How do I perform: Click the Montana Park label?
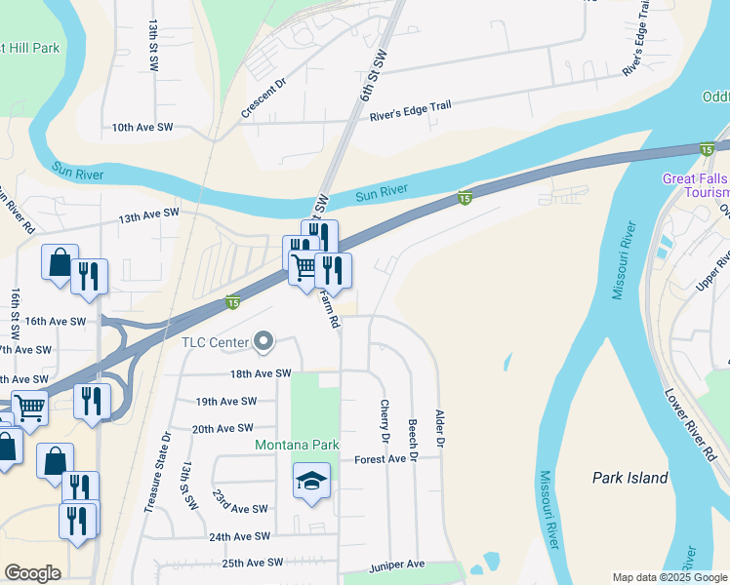click(297, 445)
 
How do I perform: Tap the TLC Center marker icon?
click(263, 341)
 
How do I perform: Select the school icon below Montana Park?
click(311, 481)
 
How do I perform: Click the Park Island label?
click(630, 478)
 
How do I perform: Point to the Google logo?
click(32, 573)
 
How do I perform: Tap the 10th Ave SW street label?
click(142, 128)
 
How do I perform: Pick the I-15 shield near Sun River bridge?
click(466, 198)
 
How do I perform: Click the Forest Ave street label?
click(380, 459)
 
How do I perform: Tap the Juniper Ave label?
click(397, 565)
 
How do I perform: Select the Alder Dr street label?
click(439, 429)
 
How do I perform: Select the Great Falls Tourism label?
click(695, 185)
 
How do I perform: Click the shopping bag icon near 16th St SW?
click(59, 262)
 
